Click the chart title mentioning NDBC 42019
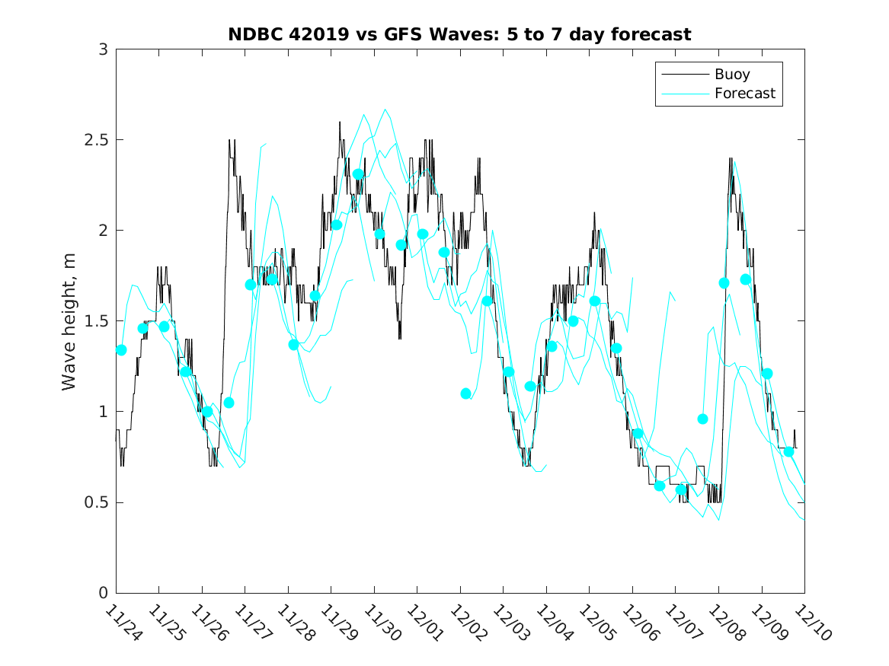tap(459, 34)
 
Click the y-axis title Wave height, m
tap(69, 321)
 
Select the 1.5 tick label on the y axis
tap(95, 321)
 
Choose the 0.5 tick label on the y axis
tap(95, 502)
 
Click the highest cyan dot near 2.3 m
tap(358, 174)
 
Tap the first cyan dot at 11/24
tap(121, 350)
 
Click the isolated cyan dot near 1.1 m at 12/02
tap(466, 394)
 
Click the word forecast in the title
tap(654, 34)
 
